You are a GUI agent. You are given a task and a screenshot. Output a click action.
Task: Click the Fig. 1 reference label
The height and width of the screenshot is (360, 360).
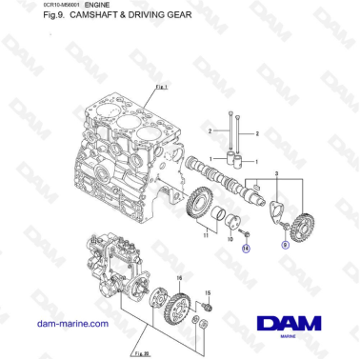(159, 87)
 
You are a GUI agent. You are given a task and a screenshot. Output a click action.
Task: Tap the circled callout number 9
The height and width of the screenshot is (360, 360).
(284, 244)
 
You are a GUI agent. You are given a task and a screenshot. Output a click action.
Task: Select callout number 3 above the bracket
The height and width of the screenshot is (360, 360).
(276, 172)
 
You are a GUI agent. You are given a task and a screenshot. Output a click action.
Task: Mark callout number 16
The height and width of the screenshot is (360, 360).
(177, 277)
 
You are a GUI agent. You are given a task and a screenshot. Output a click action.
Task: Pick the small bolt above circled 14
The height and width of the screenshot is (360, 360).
(245, 233)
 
